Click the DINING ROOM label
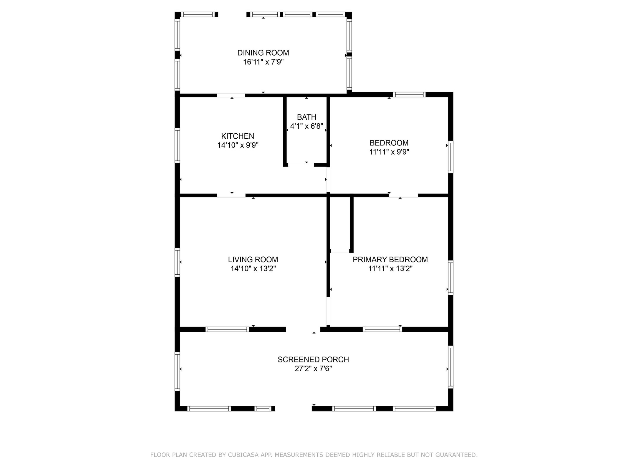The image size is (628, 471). coord(263,53)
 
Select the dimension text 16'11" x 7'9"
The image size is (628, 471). coord(263,62)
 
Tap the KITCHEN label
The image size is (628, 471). coord(237,136)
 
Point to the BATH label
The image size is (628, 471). coord(306,117)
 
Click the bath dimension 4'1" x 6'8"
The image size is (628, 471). coord(306,126)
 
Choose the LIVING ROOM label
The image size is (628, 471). coord(253,259)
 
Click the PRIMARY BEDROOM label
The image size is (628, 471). coord(390,259)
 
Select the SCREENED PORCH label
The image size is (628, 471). coord(313,359)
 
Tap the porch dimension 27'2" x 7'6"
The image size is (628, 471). coord(313,369)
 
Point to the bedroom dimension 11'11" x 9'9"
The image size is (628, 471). coord(389,152)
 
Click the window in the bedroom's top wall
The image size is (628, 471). coord(409,94)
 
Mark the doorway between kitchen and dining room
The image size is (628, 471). coord(231,95)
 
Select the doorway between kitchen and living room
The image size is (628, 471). coord(231,195)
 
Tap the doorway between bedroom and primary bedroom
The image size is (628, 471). coord(403,195)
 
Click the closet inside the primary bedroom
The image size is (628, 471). coord(340,225)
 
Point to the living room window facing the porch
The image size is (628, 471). coord(227,329)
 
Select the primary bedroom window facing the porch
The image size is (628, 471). coord(382,329)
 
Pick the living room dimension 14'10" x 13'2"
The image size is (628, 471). coord(253,268)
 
